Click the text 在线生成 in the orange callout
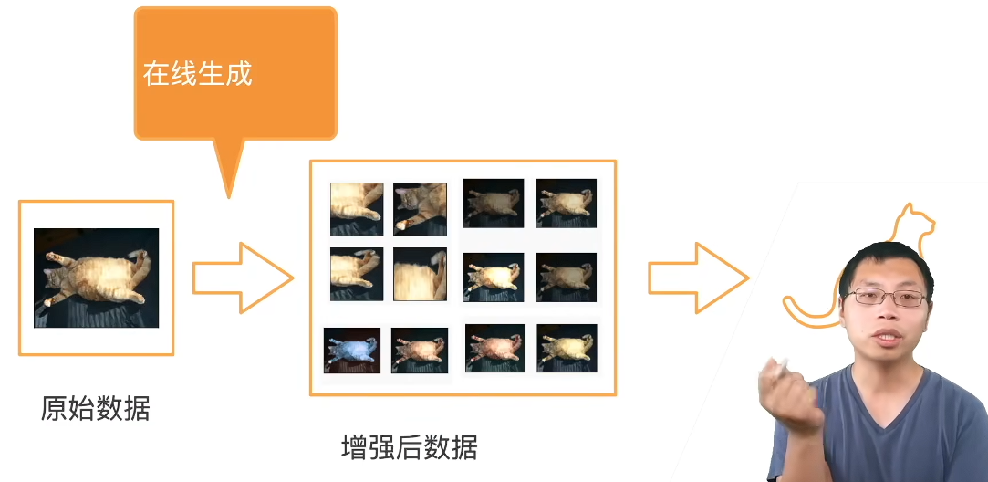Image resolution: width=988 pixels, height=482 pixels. (197, 75)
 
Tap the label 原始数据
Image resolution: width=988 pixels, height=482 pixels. (95, 408)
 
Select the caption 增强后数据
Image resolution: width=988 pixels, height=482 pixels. (409, 448)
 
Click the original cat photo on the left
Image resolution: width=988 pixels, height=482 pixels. (97, 278)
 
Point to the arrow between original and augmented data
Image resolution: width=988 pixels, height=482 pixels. (243, 278)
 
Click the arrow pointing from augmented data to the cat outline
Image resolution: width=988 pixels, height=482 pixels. (698, 278)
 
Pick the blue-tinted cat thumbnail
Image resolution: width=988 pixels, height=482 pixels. (351, 351)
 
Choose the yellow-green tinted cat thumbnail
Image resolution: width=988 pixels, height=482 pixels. (567, 348)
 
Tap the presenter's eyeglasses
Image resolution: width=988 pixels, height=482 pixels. (887, 298)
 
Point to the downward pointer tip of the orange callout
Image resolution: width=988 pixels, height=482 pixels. (229, 197)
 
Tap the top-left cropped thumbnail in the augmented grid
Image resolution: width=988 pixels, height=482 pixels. (357, 209)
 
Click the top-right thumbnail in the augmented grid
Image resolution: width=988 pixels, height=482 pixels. (566, 204)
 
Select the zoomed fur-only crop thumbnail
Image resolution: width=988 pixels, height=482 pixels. (420, 274)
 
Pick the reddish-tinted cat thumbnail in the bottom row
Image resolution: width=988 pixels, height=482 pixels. (494, 348)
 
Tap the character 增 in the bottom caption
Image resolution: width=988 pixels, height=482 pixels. (354, 448)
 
